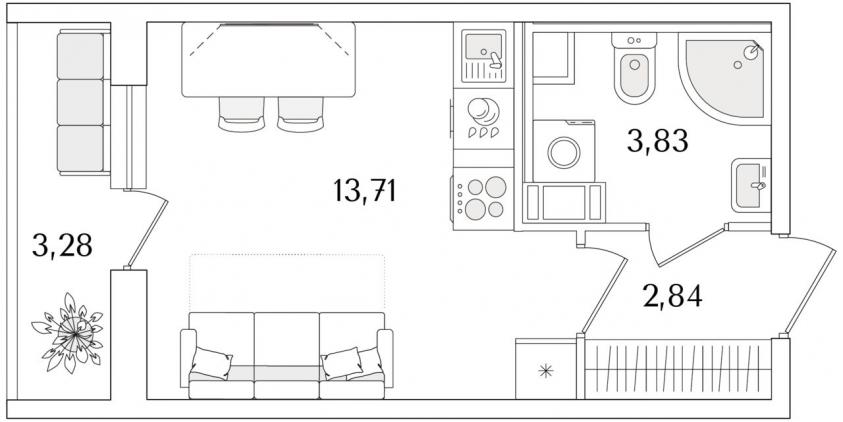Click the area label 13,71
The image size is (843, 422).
coord(365,191)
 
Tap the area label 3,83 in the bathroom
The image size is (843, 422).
coord(658,141)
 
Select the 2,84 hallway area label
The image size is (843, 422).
coord(672,296)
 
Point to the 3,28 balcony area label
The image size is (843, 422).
coord(62,245)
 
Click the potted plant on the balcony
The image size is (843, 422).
coord(68,333)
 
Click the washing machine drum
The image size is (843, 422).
coord(563,152)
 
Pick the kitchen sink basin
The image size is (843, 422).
coord(483,46)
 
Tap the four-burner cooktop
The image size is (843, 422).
coord(483,198)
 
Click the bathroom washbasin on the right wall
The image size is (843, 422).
coord(751,185)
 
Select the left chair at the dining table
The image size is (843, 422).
coord(241,114)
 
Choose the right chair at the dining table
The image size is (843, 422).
coord(301,114)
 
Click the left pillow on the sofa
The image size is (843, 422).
coord(211,363)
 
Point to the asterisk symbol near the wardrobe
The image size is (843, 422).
coord(546,370)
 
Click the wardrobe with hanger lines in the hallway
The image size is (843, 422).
coord(678,369)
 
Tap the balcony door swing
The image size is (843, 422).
coord(148,228)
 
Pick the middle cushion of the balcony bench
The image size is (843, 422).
coord(80,102)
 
